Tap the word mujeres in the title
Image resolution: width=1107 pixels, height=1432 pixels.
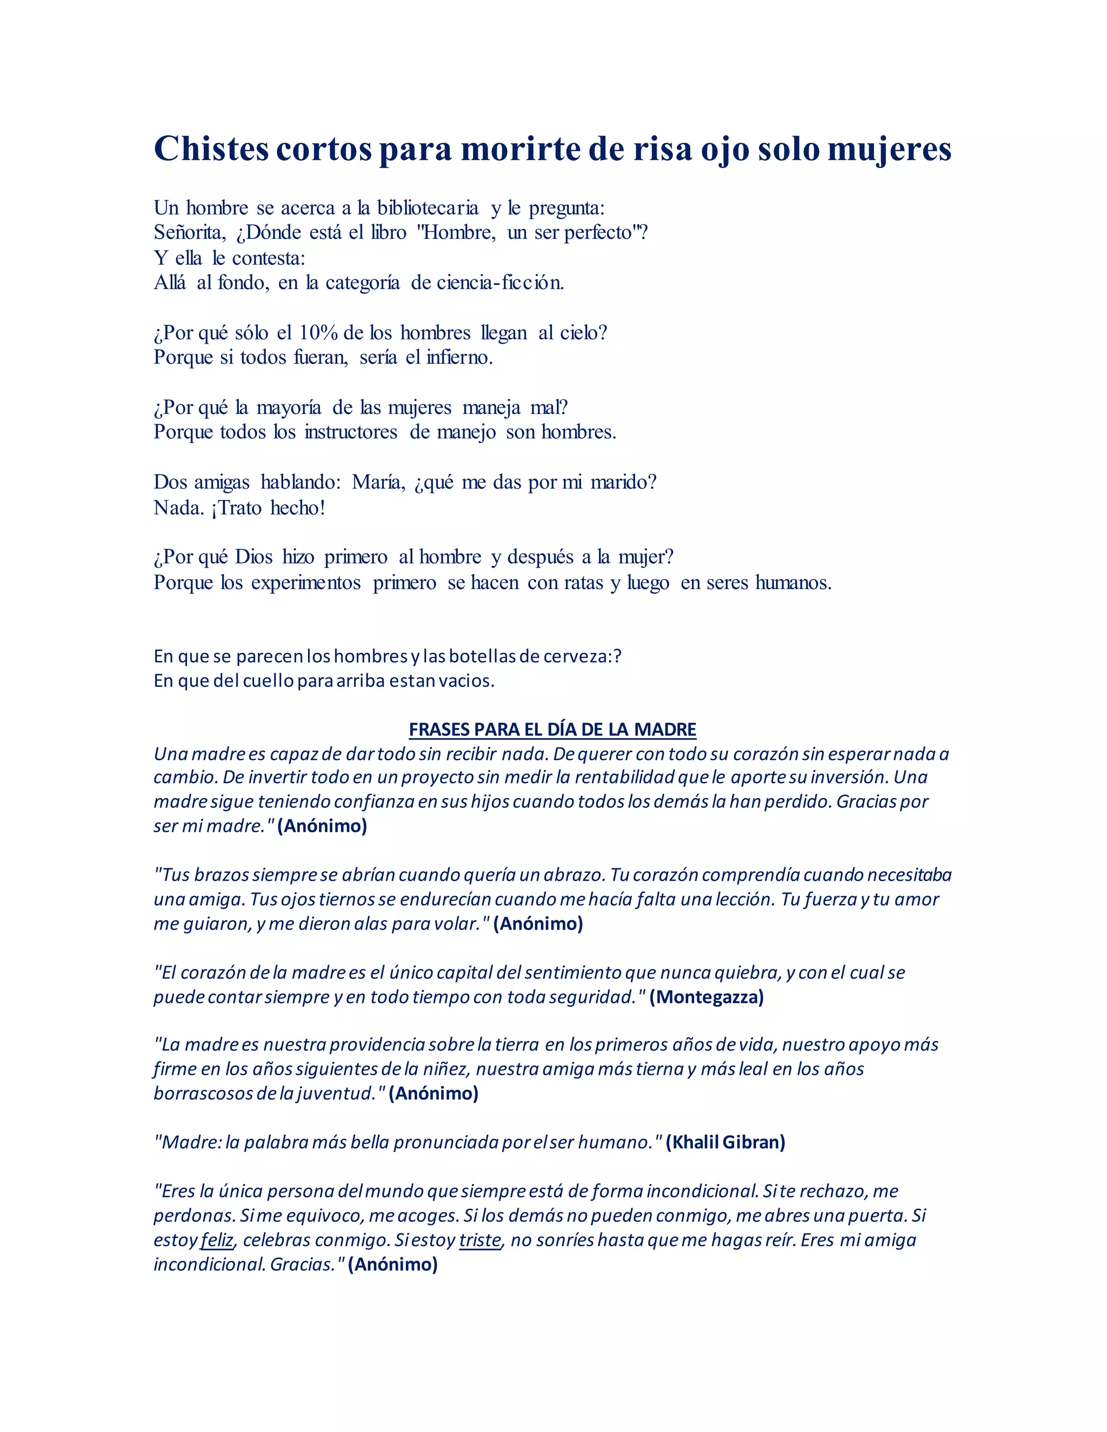pos(889,150)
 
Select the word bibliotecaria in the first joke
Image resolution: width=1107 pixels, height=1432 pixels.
pos(428,208)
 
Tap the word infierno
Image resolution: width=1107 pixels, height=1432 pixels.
pos(459,357)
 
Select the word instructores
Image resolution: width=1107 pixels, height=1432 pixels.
pos(351,432)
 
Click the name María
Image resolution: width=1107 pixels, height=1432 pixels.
pos(379,483)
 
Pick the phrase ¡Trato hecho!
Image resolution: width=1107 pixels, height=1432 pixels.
pos(268,507)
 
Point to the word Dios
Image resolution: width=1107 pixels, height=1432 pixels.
pos(254,557)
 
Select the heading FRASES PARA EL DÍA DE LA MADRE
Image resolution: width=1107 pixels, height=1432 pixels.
pos(552,729)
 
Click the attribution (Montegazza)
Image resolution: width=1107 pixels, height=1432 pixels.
pos(706,998)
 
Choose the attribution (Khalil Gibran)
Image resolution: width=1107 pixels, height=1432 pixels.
pos(725,1142)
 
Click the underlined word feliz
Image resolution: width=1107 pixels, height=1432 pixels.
pos(217,1240)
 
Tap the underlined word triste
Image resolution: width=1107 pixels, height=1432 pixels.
pos(480,1240)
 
